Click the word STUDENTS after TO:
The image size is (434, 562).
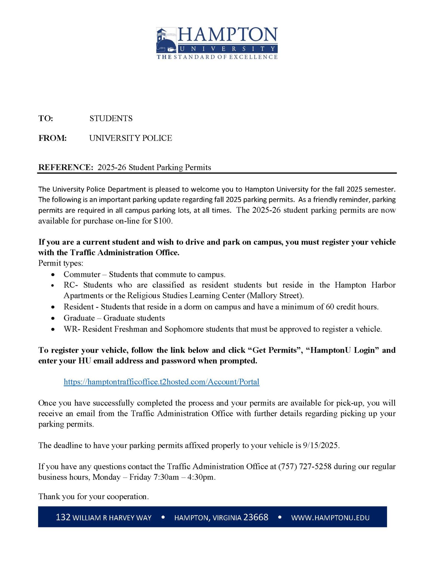click(x=111, y=118)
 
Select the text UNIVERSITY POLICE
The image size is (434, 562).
click(x=131, y=138)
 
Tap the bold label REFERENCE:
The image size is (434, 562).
click(x=66, y=167)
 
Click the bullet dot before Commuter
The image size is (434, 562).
click(x=53, y=275)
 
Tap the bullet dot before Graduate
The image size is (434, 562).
click(x=53, y=318)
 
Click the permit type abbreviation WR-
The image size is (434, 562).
click(x=72, y=329)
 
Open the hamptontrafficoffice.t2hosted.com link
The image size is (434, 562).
click(x=161, y=382)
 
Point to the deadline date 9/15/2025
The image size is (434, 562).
click(x=320, y=445)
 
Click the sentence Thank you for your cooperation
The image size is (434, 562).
click(x=93, y=496)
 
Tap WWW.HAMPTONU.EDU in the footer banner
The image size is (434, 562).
click(x=330, y=518)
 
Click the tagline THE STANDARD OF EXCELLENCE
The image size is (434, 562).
click(x=217, y=57)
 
